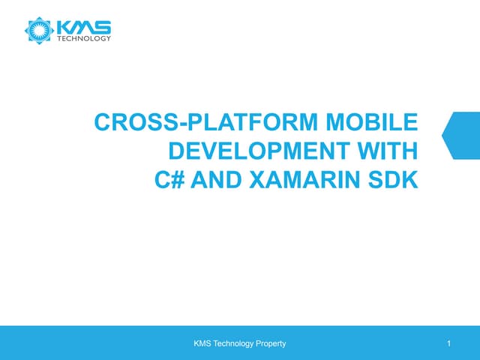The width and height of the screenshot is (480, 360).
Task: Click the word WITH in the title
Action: point(387,153)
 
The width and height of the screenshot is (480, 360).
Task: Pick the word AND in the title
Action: point(203,181)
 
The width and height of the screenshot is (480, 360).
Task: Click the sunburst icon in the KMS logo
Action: point(39,31)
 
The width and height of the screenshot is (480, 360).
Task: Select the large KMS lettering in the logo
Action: point(84,27)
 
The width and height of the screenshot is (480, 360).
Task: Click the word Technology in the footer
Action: point(234,344)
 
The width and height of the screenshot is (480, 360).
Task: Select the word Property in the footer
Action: point(270,344)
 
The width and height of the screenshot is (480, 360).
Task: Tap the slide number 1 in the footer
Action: point(447,344)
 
